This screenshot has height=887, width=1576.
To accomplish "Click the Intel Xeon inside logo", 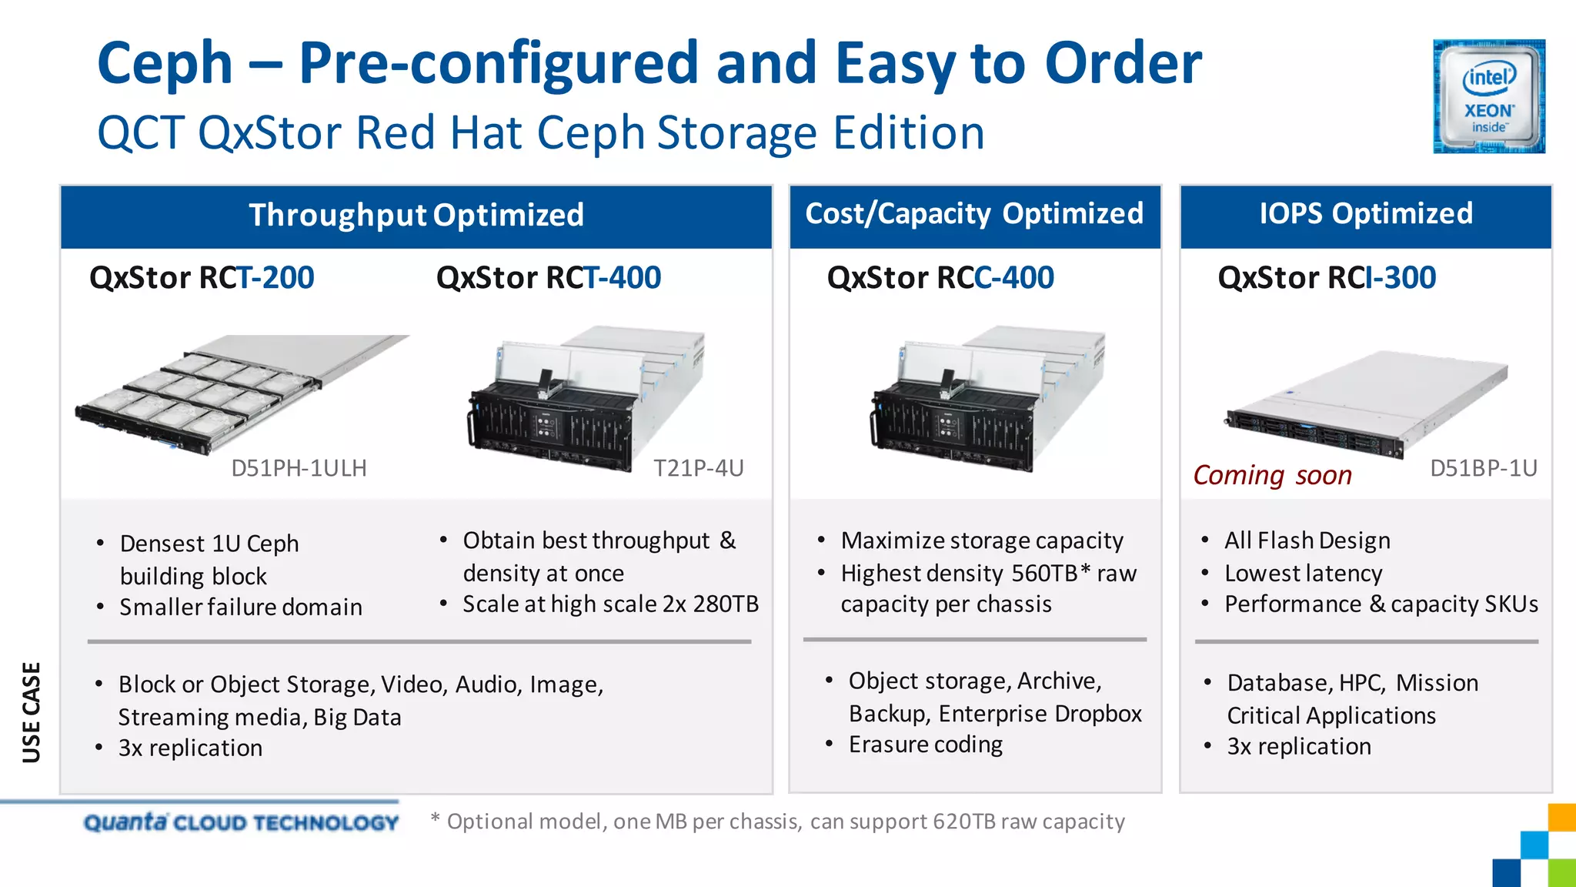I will coord(1488,96).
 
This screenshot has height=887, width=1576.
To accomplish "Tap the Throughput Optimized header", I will coord(416,215).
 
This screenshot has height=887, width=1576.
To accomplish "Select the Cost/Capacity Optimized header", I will coord(974,213).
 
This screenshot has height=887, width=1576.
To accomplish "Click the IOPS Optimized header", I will coord(1366,213).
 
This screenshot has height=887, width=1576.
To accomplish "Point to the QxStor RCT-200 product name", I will coord(202,278).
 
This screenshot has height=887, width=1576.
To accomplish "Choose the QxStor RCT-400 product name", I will coord(549,278).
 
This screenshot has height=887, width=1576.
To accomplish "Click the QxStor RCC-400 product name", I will coord(940,278).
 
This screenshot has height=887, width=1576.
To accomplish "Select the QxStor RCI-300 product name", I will coord(1327,278).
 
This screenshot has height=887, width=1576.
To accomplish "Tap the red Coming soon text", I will coord(1272,476).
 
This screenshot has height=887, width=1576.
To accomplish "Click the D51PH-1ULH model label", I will coord(299,468).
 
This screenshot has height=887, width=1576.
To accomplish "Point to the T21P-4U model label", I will coord(698,468).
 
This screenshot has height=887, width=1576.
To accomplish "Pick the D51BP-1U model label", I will coord(1483,468).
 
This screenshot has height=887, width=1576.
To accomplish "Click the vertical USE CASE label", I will coord(32,712).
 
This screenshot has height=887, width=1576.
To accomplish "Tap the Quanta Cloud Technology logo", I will coord(241,822).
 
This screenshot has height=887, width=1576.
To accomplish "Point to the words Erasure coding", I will coord(925,745).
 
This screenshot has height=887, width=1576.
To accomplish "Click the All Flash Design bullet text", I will coord(1307,541).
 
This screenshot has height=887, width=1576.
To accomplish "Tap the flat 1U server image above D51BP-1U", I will coord(1366,404).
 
